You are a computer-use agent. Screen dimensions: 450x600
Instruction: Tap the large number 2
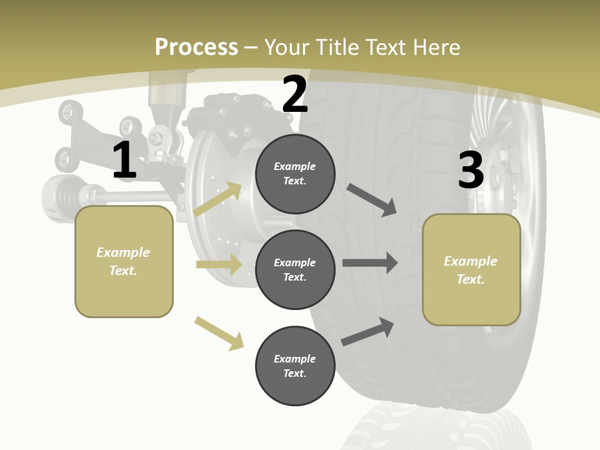pos(295,94)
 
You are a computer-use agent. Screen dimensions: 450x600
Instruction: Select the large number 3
pos(471,170)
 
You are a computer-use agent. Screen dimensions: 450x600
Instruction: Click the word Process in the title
pos(196,47)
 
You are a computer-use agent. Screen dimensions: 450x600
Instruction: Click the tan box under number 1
pos(124,261)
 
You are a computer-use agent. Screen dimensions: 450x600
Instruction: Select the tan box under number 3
pos(471,270)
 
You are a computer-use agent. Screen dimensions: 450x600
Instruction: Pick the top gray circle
pos(295,174)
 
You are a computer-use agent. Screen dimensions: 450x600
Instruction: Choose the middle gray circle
pos(295,269)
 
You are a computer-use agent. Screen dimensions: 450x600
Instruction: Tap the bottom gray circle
pos(295,366)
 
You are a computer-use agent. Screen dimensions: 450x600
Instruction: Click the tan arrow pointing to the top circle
pos(217,199)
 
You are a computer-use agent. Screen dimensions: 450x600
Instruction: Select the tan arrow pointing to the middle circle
pos(219,264)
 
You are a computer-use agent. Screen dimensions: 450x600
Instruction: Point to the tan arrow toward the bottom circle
pos(219,333)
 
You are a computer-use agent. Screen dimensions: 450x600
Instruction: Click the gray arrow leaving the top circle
pos(372,200)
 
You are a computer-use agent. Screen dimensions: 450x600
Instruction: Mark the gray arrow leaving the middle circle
pos(370,263)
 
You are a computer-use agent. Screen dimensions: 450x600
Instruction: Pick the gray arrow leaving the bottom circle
pos(367,332)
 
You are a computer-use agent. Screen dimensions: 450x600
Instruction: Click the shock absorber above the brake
pos(166,103)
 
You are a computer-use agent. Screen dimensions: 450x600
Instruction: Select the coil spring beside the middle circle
pos(278,223)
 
